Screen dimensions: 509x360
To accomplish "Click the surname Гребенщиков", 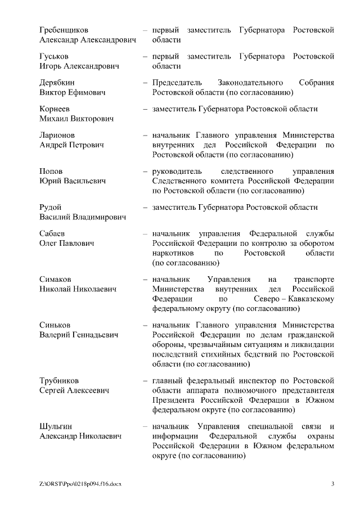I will point(64,29).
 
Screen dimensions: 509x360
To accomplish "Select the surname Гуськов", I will point(55,56).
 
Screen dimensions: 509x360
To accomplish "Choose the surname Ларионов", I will point(57,136).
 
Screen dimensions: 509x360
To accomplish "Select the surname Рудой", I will point(51,208).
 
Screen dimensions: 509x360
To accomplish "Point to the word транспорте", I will point(314,279).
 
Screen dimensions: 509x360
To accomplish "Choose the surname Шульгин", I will point(56,426).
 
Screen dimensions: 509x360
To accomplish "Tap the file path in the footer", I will point(80,484).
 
